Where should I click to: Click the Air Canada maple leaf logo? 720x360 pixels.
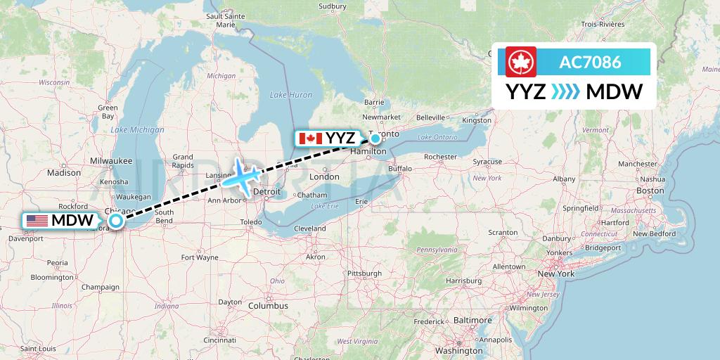click(521, 62)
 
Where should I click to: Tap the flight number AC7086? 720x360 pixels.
click(590, 62)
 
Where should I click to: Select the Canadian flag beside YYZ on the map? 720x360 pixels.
click(310, 138)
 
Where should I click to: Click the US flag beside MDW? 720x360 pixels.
click(37, 221)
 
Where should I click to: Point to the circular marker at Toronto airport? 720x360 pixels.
click(376, 138)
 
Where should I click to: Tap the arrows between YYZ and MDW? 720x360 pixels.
click(566, 92)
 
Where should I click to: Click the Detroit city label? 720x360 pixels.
click(266, 191)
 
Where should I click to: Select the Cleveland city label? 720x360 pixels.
click(310, 229)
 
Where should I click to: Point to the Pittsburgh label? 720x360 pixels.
click(364, 272)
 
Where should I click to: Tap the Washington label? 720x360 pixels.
click(458, 350)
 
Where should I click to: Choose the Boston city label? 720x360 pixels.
click(650, 191)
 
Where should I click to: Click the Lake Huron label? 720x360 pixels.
click(291, 94)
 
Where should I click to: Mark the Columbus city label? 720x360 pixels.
click(267, 306)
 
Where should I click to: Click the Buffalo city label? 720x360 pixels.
click(399, 169)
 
